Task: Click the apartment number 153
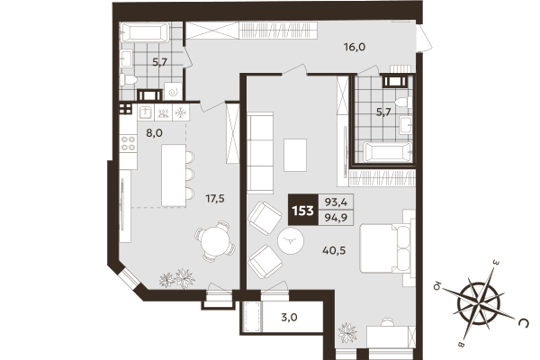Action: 302,211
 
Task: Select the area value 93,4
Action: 337,203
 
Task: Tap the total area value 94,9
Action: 337,220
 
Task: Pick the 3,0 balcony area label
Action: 289,318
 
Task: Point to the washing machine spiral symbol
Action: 171,91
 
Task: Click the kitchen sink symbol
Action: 144,112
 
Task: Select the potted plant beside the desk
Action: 347,335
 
